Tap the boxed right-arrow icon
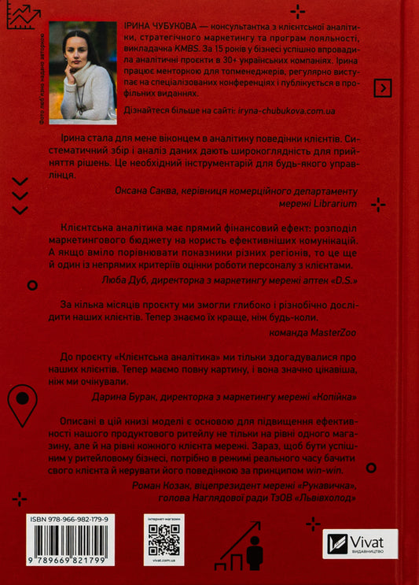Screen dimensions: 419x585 coord(382,88)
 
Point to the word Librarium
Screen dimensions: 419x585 coord(334,202)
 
